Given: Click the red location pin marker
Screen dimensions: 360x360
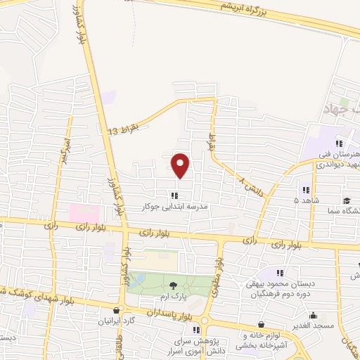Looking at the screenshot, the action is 181,165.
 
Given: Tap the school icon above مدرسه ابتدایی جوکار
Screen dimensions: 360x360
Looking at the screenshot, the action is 174,196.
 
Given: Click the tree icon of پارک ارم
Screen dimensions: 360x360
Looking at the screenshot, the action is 174,284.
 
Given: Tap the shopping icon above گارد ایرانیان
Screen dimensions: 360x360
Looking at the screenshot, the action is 117,309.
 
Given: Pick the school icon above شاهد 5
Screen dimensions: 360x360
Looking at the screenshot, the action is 305,190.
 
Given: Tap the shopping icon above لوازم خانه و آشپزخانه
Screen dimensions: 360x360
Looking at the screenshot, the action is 262,325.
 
